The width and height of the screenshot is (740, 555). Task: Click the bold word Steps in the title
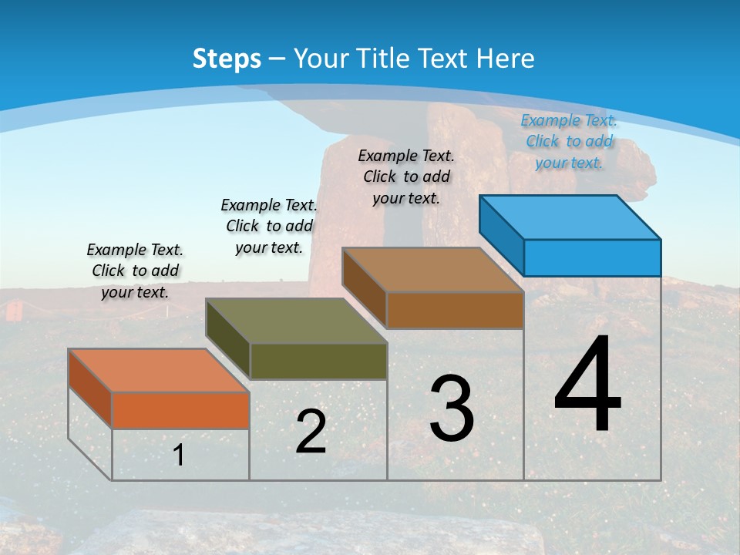226,58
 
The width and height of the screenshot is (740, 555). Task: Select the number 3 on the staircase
452,409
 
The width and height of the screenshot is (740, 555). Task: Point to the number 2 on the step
311,432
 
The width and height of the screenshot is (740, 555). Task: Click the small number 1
179,455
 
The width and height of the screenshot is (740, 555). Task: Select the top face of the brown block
432,271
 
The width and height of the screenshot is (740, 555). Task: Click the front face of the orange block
180,410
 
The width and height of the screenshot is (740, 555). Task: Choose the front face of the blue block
592,257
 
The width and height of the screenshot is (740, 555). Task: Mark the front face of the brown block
455,310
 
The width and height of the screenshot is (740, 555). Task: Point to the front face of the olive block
318,361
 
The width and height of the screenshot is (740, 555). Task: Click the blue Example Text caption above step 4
569,141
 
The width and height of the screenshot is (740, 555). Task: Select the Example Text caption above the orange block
135,271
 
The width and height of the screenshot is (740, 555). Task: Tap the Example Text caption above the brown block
406,177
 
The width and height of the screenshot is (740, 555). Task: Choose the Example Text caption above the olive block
269,226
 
